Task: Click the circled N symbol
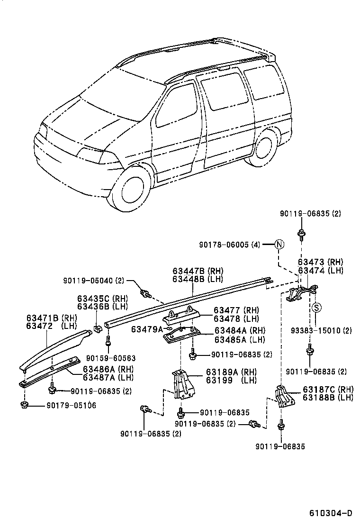(x=279, y=245)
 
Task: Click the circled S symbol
(x=317, y=307)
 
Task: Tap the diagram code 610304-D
(x=331, y=513)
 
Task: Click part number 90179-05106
(x=71, y=405)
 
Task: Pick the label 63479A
(x=147, y=329)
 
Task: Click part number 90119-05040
(x=93, y=281)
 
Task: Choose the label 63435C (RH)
(x=103, y=299)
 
